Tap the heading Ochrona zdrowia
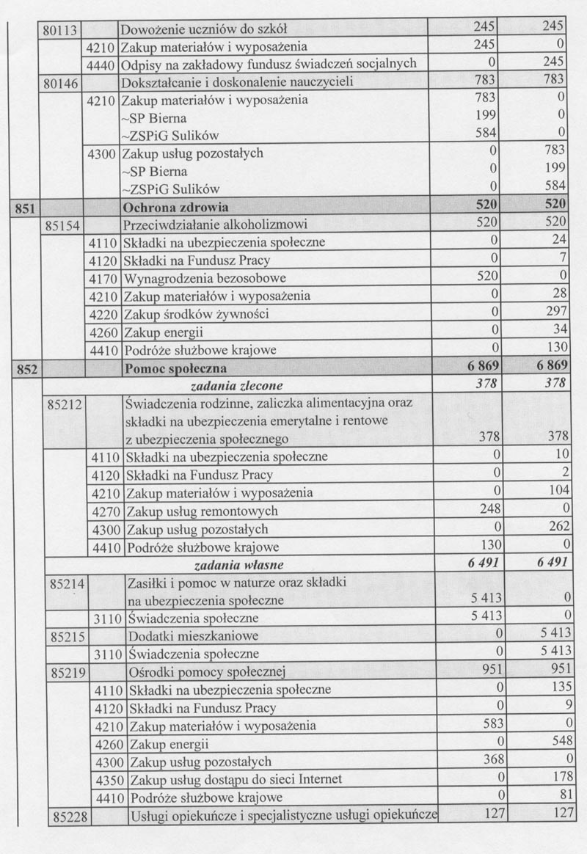(176, 207)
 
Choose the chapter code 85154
(62, 224)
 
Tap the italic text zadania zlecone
(236, 384)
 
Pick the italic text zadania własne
(238, 565)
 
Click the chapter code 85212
(65, 404)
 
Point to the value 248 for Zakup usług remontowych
(486, 511)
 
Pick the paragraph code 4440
(101, 64)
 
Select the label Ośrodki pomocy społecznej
(206, 671)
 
